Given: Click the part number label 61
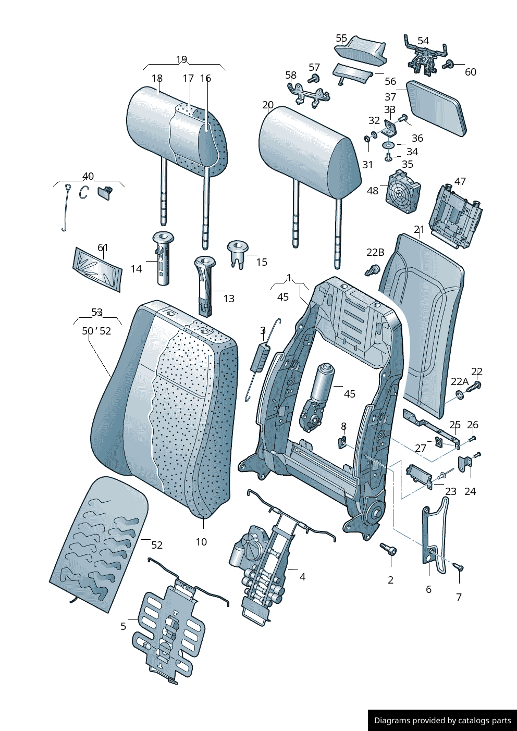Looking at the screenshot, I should pyautogui.click(x=103, y=247).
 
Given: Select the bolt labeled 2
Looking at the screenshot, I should pyautogui.click(x=389, y=549).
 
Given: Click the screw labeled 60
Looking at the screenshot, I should pyautogui.click(x=448, y=65).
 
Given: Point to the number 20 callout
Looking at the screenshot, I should pyautogui.click(x=268, y=105).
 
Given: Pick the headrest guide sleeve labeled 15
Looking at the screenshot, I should pyautogui.click(x=238, y=253).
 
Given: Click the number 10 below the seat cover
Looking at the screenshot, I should pyautogui.click(x=201, y=542).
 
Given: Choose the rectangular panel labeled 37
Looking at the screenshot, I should pyautogui.click(x=437, y=108).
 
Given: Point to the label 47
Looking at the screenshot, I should pyautogui.click(x=460, y=181).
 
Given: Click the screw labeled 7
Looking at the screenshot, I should pyautogui.click(x=459, y=567).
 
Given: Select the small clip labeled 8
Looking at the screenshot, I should pyautogui.click(x=343, y=442).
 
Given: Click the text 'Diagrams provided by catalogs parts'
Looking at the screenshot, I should pyautogui.click(x=442, y=721).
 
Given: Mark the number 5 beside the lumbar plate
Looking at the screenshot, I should pyautogui.click(x=124, y=626).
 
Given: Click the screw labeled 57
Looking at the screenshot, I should pyautogui.click(x=314, y=79).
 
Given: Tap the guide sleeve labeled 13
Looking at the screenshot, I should pyautogui.click(x=205, y=286).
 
